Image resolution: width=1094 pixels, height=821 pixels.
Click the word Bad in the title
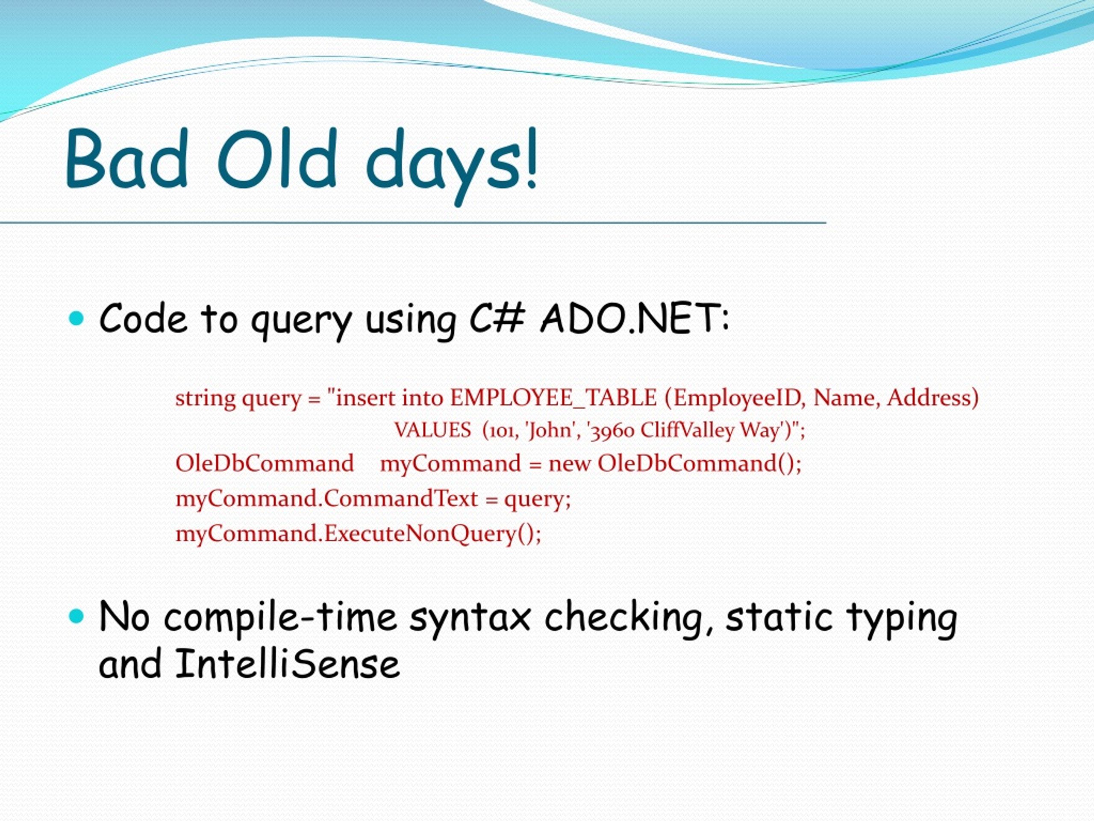click(127, 158)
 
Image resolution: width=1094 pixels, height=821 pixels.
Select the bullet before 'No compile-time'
click(76, 616)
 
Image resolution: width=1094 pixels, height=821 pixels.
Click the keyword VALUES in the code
click(433, 430)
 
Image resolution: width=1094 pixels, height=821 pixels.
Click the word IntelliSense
click(287, 664)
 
